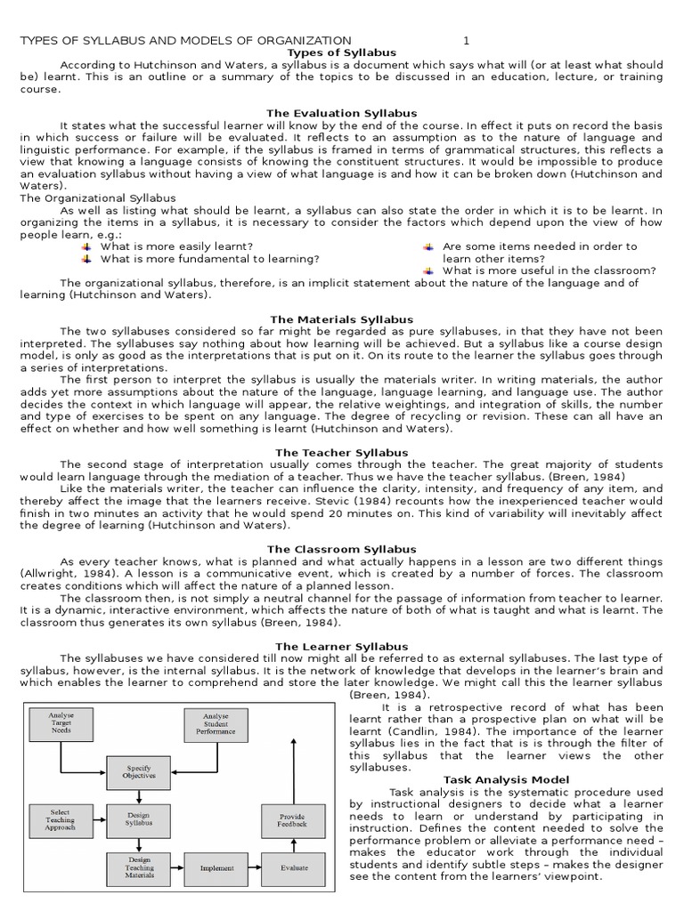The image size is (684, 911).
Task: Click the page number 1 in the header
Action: pos(466,41)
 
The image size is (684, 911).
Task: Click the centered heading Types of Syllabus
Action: pos(341,52)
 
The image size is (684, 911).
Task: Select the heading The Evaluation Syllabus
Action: pos(341,114)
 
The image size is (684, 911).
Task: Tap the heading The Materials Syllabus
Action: pos(341,318)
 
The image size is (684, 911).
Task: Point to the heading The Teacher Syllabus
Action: pos(341,452)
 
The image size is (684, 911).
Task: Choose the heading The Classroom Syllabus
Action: pos(341,549)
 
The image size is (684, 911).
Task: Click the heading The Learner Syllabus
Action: pos(341,646)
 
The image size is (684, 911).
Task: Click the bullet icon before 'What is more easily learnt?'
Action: pos(86,246)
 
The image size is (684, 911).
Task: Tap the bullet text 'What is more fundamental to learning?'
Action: pos(209,259)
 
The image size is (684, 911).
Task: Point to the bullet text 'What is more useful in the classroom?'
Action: pos(549,270)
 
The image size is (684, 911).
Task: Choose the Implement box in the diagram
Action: pos(216,867)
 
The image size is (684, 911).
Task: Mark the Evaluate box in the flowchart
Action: pos(292,867)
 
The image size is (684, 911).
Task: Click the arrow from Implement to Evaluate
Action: pos(255,867)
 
